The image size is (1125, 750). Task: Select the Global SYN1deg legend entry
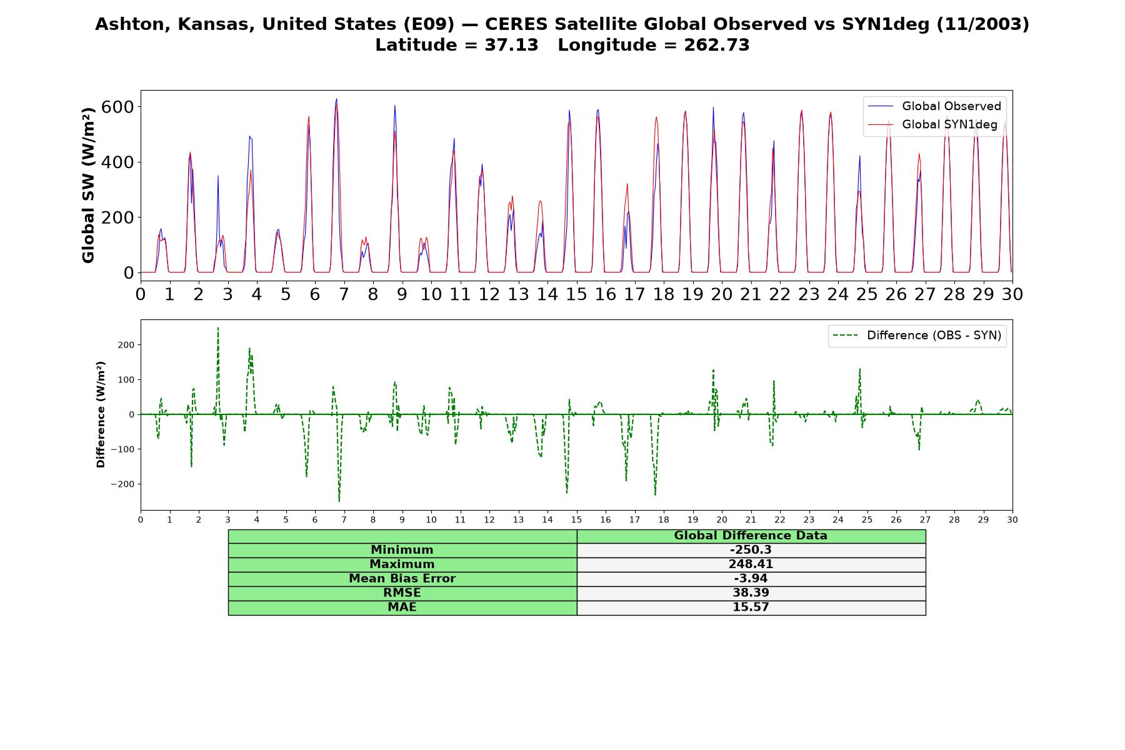933,124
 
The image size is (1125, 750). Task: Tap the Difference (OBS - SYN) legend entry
917,336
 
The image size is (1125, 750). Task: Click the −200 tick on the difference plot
122,484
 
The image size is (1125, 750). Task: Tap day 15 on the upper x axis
576,294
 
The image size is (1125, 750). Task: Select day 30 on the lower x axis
1012,519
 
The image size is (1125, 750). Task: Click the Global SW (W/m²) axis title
88,185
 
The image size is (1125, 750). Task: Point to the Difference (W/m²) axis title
101,414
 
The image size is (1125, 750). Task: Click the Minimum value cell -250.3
751,550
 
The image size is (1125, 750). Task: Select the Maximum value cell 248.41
751,564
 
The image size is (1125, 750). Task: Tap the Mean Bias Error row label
402,579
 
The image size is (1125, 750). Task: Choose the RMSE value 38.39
751,593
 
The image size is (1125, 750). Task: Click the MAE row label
402,607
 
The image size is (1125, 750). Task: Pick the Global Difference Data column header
751,536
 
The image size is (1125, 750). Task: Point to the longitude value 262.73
716,45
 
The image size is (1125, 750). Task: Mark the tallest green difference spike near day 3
218,327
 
